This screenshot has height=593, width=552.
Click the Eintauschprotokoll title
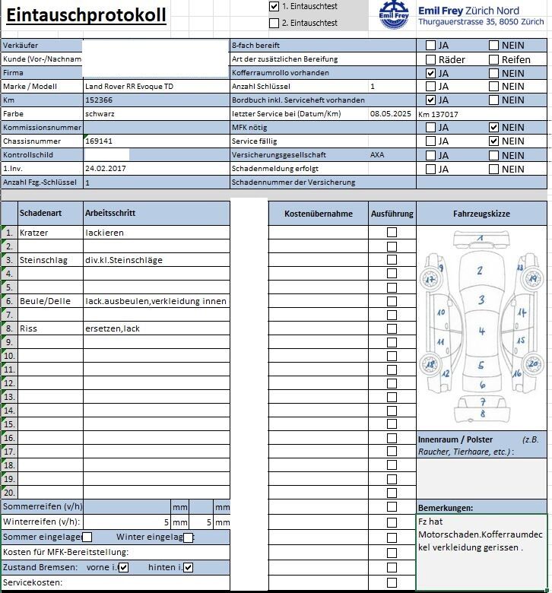click(86, 16)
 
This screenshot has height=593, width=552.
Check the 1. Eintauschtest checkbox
click(274, 6)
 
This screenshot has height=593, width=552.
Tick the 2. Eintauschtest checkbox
click(274, 23)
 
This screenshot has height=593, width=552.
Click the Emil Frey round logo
click(395, 14)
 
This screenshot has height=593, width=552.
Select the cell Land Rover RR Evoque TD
click(129, 87)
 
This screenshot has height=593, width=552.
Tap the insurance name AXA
click(377, 154)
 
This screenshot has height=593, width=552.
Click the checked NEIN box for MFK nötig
click(494, 128)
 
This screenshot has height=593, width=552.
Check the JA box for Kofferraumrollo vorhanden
click(431, 74)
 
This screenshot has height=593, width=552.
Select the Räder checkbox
click(431, 60)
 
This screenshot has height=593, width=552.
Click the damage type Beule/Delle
click(45, 301)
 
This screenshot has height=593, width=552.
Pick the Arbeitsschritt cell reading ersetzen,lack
click(113, 328)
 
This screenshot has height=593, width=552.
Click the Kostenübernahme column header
click(319, 214)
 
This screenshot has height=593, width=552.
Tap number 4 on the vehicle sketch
click(481, 331)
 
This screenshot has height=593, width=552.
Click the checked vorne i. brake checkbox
click(124, 567)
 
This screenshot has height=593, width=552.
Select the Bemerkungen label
click(446, 507)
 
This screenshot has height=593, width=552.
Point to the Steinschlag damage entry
click(43, 260)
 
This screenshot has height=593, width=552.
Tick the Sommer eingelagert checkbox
click(87, 538)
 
